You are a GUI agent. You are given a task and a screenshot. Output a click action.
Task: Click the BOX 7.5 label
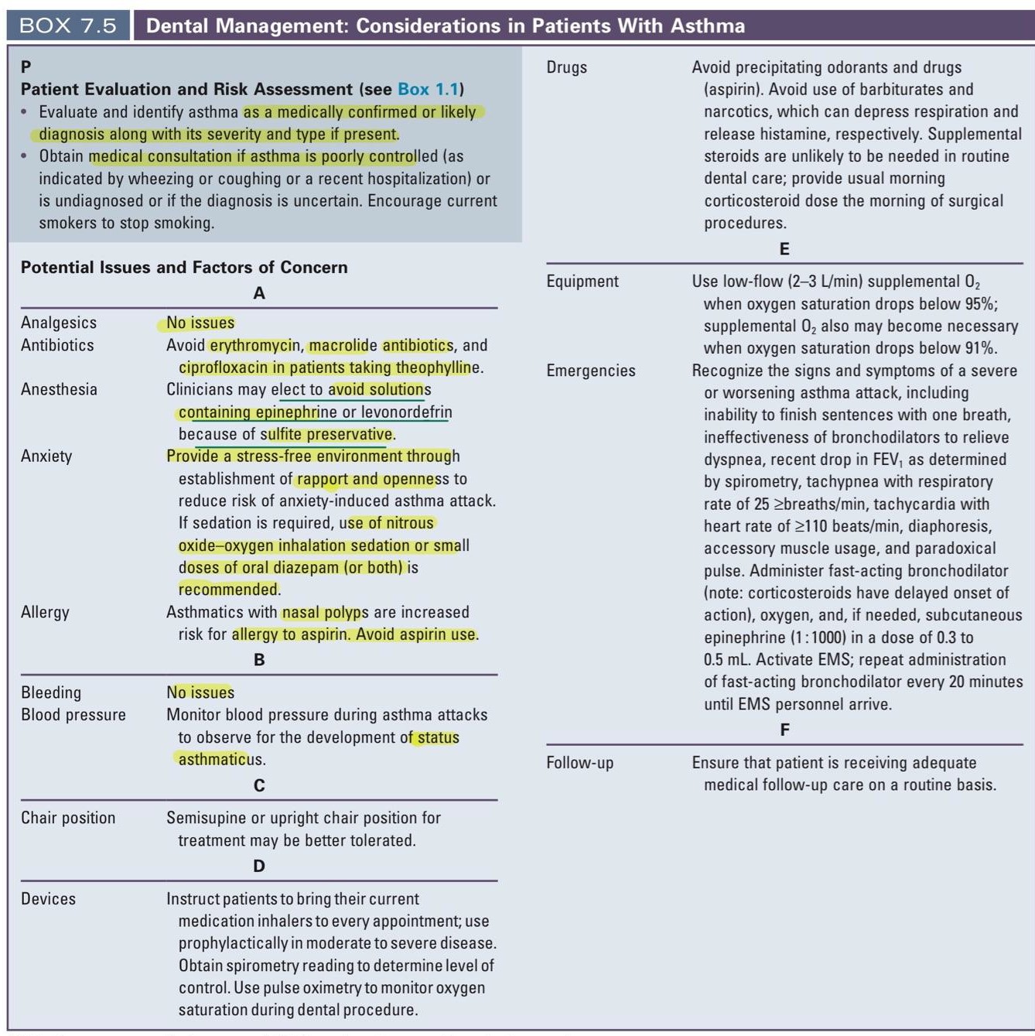(x=68, y=26)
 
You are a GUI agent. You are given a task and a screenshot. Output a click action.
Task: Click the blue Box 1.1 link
(x=428, y=89)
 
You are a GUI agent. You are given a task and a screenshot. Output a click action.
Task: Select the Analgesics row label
(x=59, y=323)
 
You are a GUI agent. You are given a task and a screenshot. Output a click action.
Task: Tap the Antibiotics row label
(x=57, y=345)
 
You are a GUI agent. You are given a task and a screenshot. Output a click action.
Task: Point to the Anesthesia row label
(x=59, y=389)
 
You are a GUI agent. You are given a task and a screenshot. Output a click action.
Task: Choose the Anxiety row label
(x=46, y=456)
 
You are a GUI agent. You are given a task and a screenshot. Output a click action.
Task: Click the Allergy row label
(x=45, y=612)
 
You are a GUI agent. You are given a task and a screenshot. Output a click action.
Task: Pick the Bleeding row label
(x=51, y=692)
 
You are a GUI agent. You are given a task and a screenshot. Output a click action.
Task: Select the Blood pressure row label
(x=73, y=715)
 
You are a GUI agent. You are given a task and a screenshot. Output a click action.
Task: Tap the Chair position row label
(x=68, y=818)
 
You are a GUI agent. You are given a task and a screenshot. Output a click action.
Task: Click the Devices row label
(x=48, y=899)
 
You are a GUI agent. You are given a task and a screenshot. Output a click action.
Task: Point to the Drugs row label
(x=567, y=67)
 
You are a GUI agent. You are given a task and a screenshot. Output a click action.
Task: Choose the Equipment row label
(x=582, y=281)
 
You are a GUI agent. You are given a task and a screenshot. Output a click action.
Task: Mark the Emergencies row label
(x=591, y=371)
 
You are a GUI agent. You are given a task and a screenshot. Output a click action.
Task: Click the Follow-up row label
(x=580, y=763)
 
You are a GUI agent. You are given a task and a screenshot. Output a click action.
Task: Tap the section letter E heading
(x=784, y=249)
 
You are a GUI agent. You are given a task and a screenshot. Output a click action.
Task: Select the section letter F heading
(x=784, y=730)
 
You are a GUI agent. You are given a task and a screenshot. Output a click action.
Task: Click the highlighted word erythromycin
(x=255, y=345)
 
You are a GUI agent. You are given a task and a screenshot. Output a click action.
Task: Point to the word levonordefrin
(x=407, y=412)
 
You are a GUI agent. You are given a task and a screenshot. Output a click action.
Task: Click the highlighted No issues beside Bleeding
(x=200, y=692)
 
